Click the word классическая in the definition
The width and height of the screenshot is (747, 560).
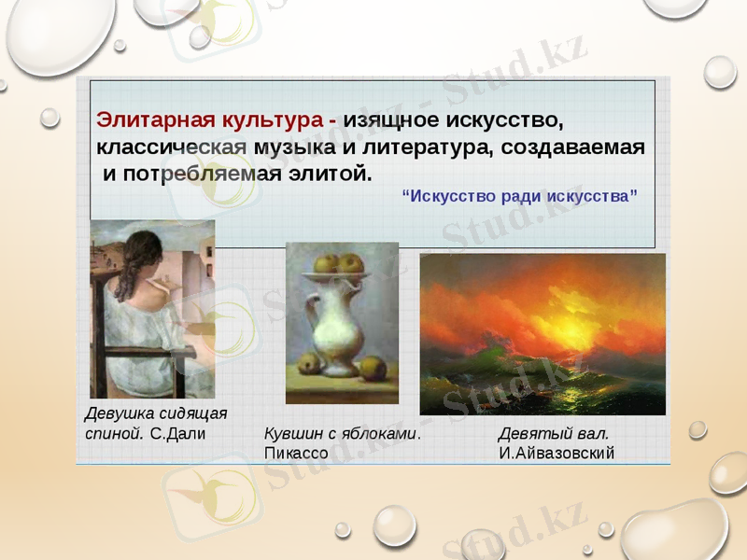coord(172,147)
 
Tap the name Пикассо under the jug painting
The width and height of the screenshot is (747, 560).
coord(296,453)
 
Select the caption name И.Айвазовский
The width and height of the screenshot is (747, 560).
coord(557,453)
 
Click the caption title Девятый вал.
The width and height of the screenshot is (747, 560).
coord(554,434)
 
